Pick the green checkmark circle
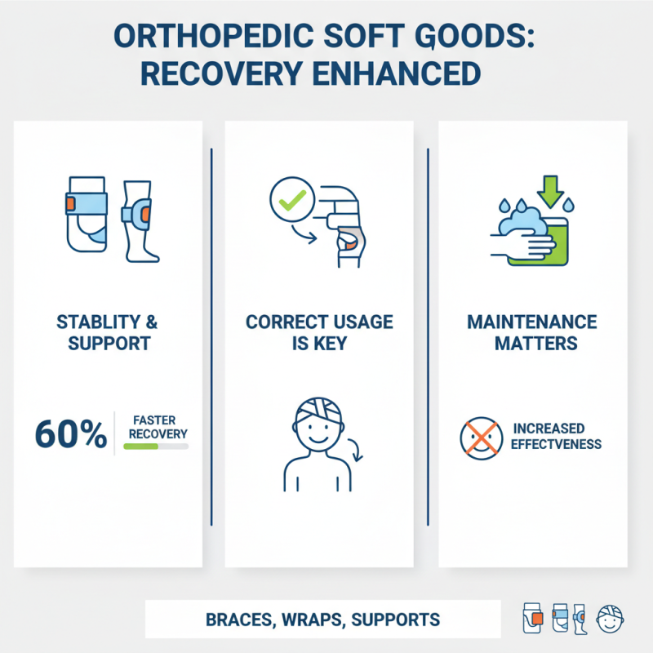pyautogui.click(x=291, y=198)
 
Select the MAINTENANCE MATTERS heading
pyautogui.click(x=532, y=331)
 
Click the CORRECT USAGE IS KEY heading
pyautogui.click(x=319, y=331)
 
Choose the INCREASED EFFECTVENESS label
pyautogui.click(x=557, y=437)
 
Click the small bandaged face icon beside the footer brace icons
pyautogui.click(x=611, y=619)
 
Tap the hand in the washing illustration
pyautogui.click(x=509, y=242)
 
